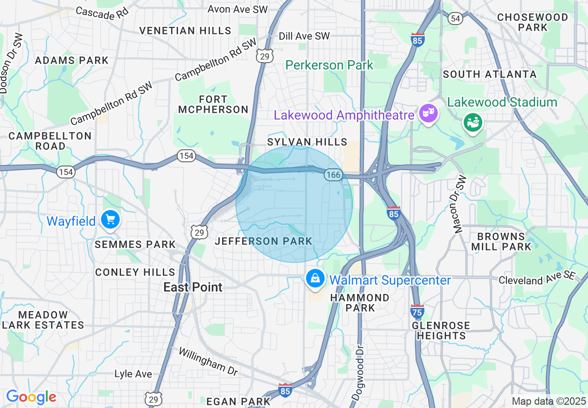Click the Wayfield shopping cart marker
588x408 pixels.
pos(110,220)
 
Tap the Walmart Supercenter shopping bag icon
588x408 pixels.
pos(315,279)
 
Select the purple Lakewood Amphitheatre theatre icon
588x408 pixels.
pos(428,113)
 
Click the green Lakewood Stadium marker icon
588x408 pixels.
pos(473,122)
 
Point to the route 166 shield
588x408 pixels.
pos(333,175)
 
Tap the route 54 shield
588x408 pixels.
pos(455,18)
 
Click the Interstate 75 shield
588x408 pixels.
pos(417,311)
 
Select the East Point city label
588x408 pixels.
pos(193,287)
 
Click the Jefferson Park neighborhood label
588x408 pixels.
pos(263,241)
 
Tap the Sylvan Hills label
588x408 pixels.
pos(307,142)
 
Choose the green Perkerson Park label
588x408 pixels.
pos(329,65)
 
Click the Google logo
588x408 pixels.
pos(31,397)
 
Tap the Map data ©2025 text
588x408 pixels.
pos(549,401)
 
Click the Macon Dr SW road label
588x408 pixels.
pos(459,204)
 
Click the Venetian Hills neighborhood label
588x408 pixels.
pos(185,31)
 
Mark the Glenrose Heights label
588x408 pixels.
pos(441,330)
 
